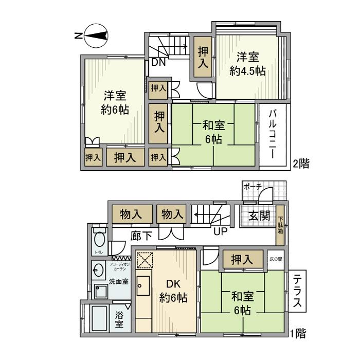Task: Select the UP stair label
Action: [x=221, y=231]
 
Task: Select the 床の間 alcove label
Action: [x=276, y=258]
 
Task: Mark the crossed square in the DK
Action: [x=144, y=260]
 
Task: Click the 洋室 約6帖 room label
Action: [x=115, y=102]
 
